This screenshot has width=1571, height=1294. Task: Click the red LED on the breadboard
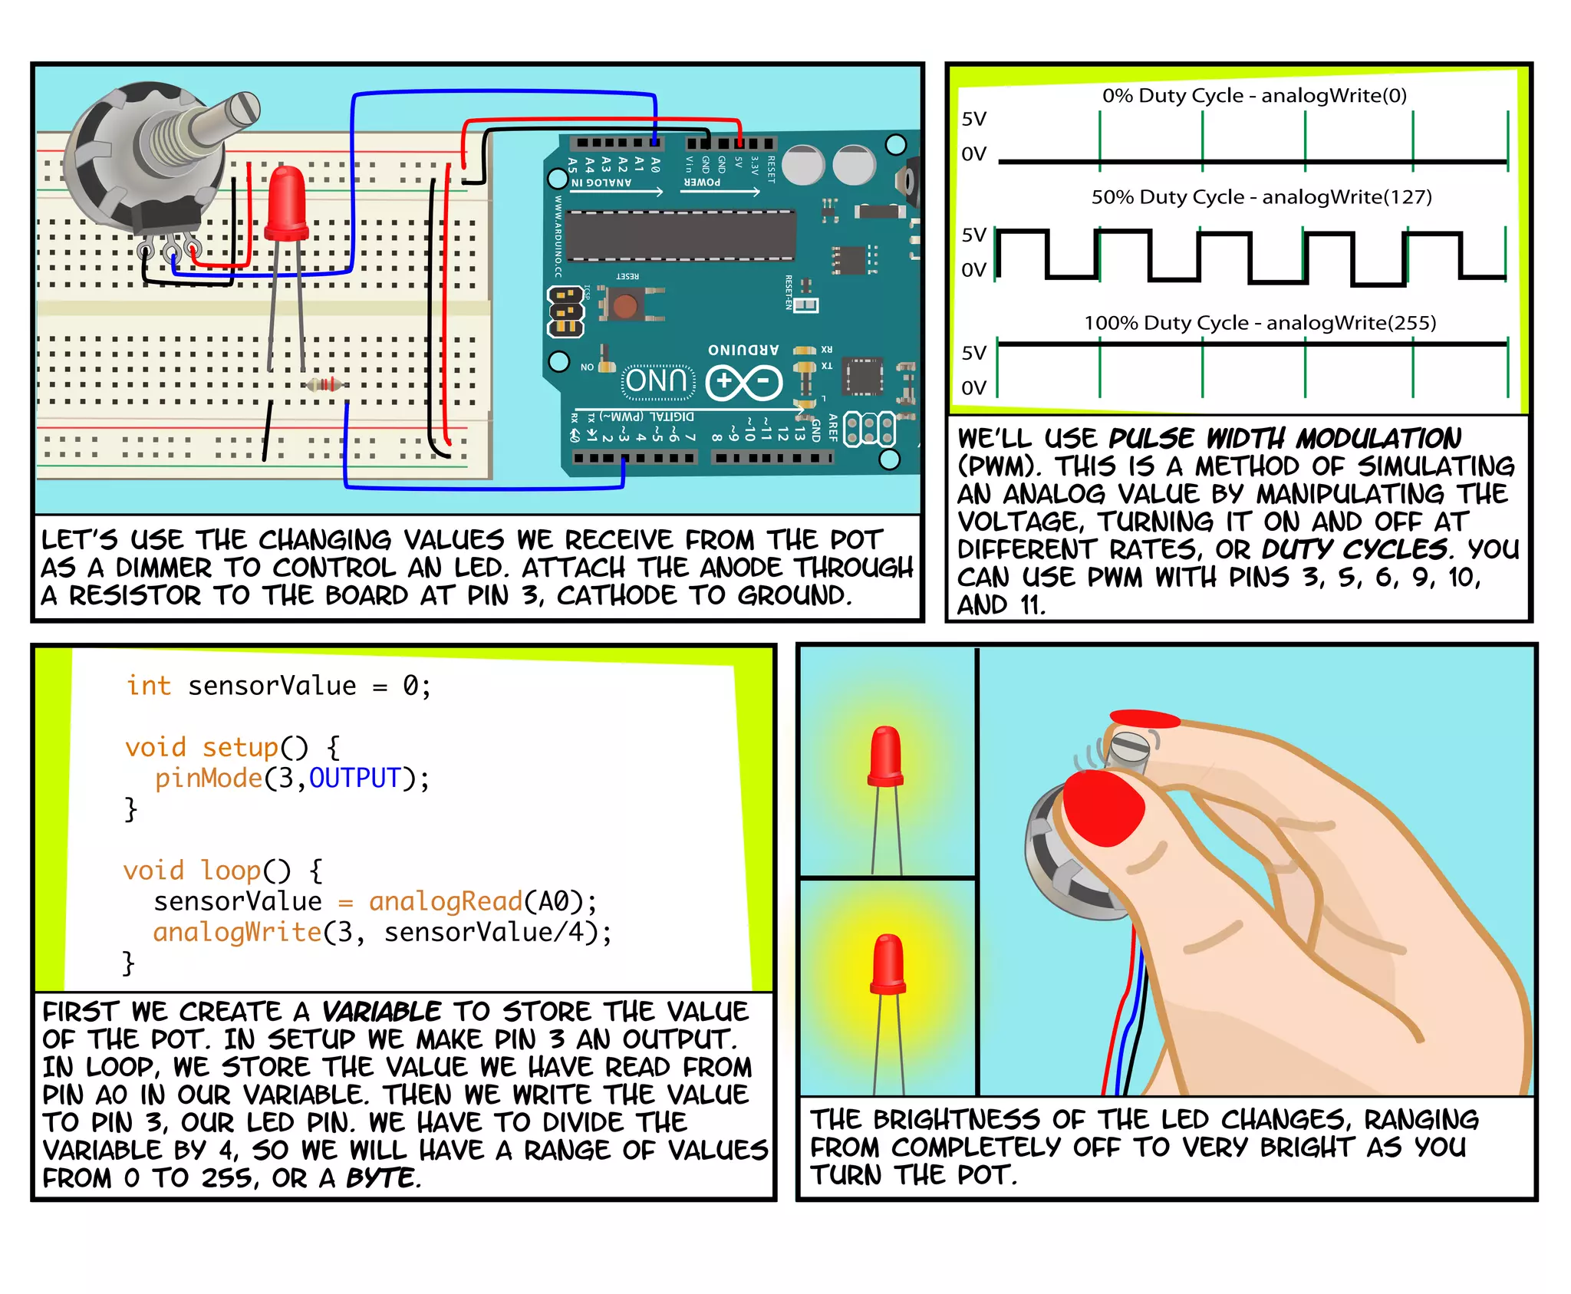(287, 204)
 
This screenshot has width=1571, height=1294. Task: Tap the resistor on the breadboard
(324, 385)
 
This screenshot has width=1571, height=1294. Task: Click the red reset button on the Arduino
(625, 306)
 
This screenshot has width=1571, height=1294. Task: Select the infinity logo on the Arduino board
(743, 382)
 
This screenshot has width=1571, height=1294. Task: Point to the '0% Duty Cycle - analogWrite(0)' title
(1254, 96)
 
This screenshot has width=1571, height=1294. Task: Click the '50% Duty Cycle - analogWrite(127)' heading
(1261, 197)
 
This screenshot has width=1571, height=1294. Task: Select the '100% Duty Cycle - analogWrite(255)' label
(1260, 323)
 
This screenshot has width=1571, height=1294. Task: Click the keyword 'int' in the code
(149, 685)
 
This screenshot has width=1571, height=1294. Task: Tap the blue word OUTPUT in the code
(354, 778)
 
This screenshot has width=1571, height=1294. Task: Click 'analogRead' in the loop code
(445, 901)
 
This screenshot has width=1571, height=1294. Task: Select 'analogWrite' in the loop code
(237, 932)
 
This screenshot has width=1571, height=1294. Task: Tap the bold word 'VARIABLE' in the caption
(381, 1012)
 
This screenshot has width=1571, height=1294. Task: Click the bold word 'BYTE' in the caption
(381, 1177)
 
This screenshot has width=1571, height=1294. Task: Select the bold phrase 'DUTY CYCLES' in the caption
(1353, 549)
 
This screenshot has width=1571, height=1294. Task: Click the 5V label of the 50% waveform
(974, 235)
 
